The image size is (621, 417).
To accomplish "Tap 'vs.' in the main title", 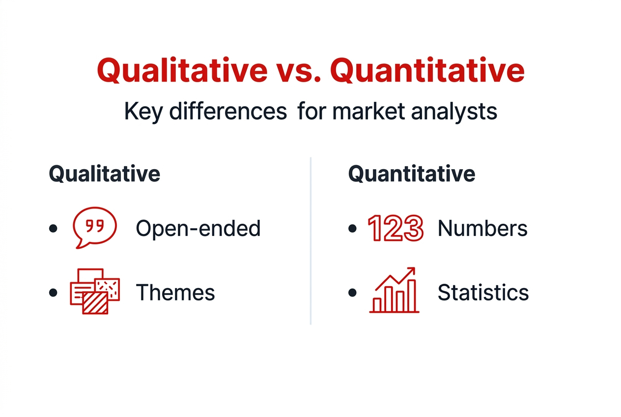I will point(298,70).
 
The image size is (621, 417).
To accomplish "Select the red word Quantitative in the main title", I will point(430,70).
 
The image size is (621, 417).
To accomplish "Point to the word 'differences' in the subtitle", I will point(227,112).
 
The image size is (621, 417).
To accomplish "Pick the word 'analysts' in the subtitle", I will point(454,112).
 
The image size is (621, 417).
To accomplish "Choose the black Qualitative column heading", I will point(105,174).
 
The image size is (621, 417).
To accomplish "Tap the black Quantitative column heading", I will point(412,174).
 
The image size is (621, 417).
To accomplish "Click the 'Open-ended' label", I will point(198,228).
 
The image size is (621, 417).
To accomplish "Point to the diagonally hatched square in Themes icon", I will point(95,302).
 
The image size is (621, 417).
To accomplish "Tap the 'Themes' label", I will point(175,293).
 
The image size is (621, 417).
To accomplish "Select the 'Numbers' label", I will point(482,228).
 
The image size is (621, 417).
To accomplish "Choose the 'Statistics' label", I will point(483,293).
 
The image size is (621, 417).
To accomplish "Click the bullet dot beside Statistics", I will point(352,293).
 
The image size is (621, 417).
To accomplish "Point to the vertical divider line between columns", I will point(310,241).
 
